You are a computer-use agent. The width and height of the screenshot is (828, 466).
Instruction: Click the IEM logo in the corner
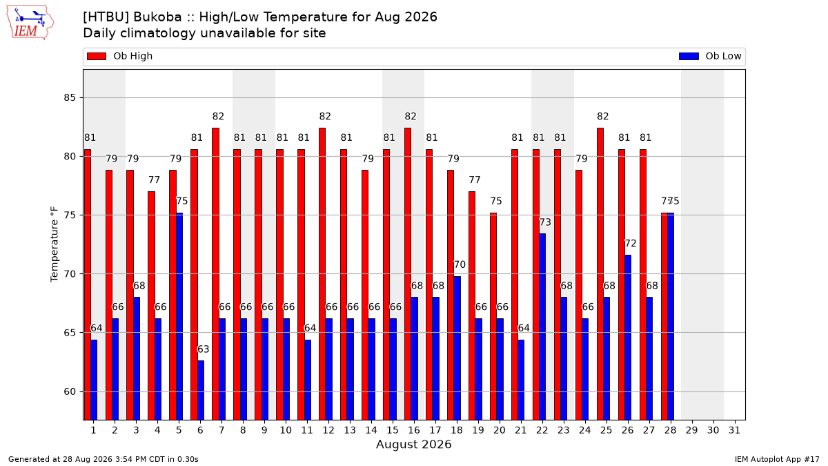pyautogui.click(x=30, y=23)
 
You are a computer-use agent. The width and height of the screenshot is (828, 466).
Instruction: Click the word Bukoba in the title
pyautogui.click(x=157, y=17)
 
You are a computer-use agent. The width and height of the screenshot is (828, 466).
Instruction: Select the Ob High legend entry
pyautogui.click(x=119, y=56)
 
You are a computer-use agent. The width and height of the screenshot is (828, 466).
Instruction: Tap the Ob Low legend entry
pyautogui.click(x=710, y=56)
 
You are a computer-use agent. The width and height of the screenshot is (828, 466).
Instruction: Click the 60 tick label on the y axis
pyautogui.click(x=70, y=391)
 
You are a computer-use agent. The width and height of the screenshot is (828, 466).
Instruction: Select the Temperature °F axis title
pyautogui.click(x=55, y=244)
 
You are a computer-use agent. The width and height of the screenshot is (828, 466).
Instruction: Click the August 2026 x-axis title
pyautogui.click(x=413, y=444)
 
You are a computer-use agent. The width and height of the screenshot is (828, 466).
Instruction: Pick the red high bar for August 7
pyautogui.click(x=215, y=274)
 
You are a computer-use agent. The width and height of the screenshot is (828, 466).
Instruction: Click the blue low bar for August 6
pyautogui.click(x=201, y=390)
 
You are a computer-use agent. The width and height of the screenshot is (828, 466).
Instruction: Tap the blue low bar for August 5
pyautogui.click(x=179, y=317)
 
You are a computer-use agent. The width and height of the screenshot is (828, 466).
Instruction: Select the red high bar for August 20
pyautogui.click(x=493, y=317)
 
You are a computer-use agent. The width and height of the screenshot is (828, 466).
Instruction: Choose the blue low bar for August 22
pyautogui.click(x=542, y=327)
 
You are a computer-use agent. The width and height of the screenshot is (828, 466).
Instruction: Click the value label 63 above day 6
pyautogui.click(x=204, y=349)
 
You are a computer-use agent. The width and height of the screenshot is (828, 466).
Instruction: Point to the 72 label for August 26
pyautogui.click(x=631, y=243)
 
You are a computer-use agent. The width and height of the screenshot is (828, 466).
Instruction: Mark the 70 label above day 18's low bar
pyautogui.click(x=460, y=264)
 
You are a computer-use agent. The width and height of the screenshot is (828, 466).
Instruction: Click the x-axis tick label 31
pyautogui.click(x=734, y=430)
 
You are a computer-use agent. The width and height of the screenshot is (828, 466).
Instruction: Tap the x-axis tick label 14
pyautogui.click(x=371, y=430)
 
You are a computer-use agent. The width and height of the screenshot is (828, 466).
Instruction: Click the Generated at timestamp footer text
pyautogui.click(x=103, y=459)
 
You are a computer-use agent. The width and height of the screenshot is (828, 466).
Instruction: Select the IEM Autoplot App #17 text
pyautogui.click(x=777, y=459)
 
